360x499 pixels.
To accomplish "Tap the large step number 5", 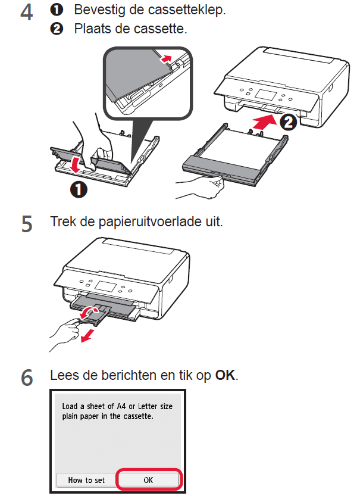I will [27, 224].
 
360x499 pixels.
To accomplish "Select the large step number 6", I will [27, 378].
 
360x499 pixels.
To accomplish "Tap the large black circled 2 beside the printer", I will [287, 123].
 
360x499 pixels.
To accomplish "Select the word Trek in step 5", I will [62, 223].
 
